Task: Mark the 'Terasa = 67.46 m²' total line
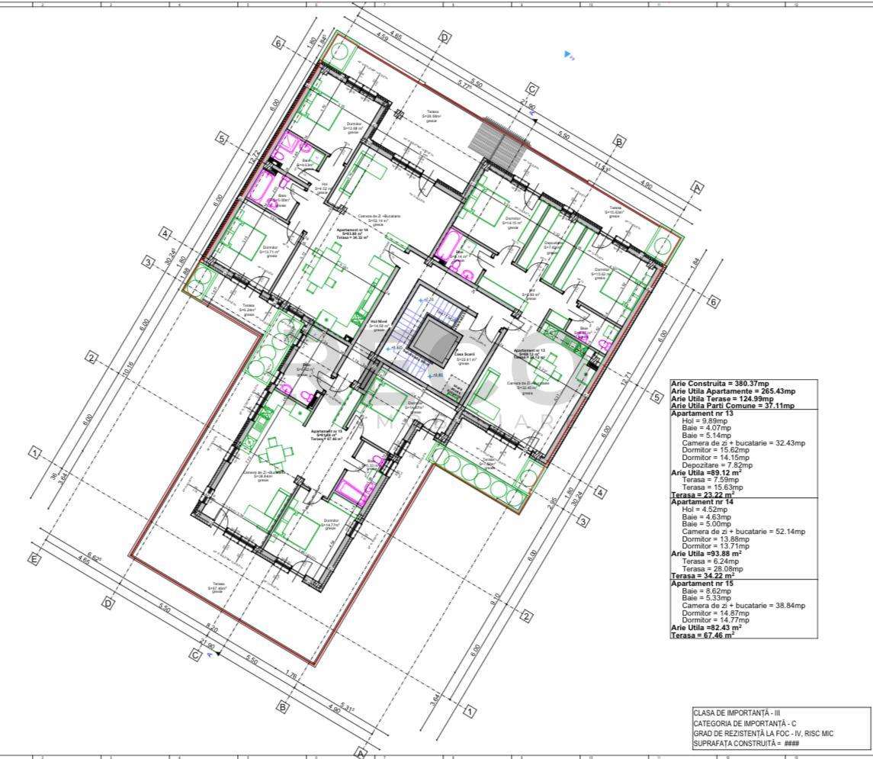(702, 634)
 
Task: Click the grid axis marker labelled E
(34, 560)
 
